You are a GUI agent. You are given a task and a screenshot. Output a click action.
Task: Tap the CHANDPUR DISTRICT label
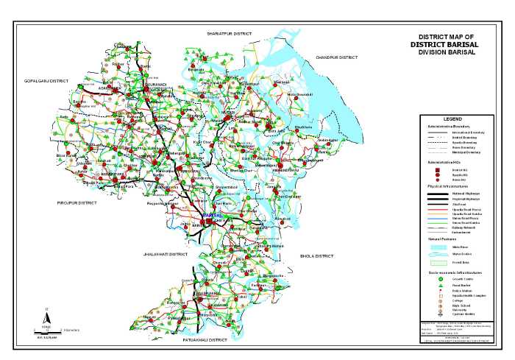(336, 57)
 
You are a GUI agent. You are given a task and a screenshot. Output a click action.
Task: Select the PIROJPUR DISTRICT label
(77, 202)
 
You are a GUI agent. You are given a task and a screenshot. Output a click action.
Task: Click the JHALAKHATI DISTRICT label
(166, 253)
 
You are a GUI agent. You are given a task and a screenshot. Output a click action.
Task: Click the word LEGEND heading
(452, 119)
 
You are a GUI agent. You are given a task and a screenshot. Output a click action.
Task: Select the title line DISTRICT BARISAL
(446, 44)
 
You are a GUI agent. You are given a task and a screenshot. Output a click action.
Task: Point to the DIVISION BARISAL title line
(447, 52)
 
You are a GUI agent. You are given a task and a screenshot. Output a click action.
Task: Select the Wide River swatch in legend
(438, 246)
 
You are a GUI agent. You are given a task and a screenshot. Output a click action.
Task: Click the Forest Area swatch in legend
(438, 261)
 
